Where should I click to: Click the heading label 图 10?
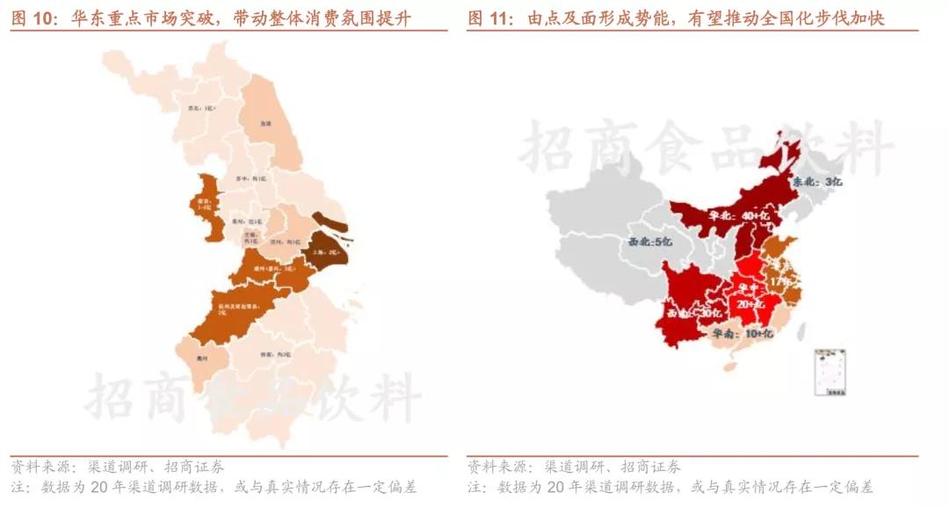pos(33,18)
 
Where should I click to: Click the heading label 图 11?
pos(489,18)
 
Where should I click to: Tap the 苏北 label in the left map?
pos(201,107)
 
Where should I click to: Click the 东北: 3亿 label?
pos(817,182)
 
